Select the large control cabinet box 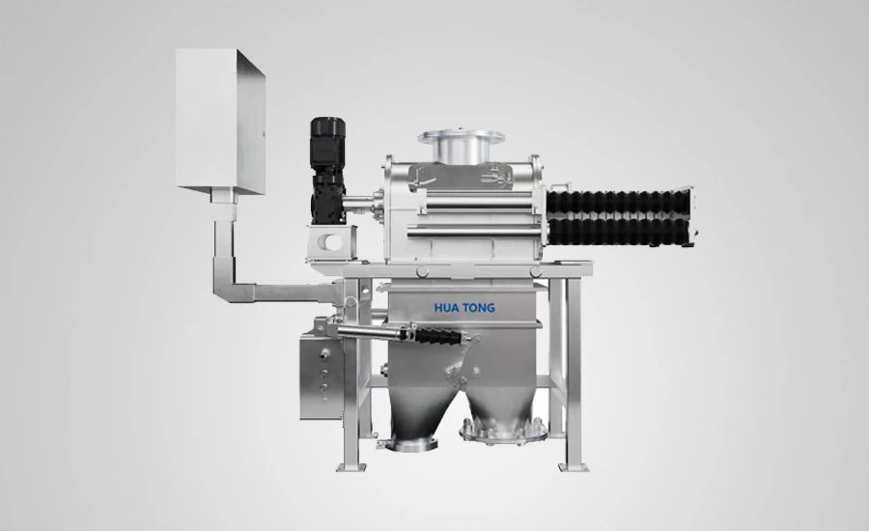[x=220, y=121]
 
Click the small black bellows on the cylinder [x=437, y=335]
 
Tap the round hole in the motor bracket [x=333, y=241]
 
